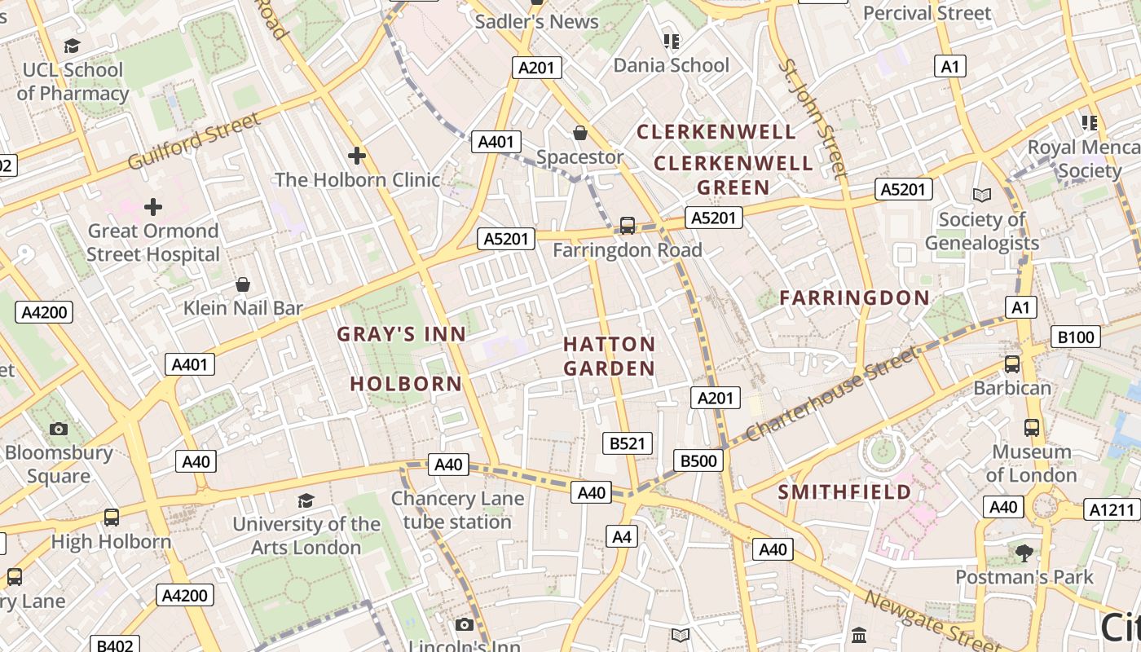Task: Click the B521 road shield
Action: click(628, 443)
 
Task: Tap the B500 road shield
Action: click(698, 461)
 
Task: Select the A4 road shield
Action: click(622, 536)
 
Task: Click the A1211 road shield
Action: click(1113, 510)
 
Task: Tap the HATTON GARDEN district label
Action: click(609, 356)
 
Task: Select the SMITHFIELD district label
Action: click(844, 492)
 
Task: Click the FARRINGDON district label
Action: click(854, 298)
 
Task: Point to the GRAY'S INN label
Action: click(402, 334)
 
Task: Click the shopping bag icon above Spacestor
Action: click(580, 132)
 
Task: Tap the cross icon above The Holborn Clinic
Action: click(356, 155)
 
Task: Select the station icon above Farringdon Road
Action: click(627, 225)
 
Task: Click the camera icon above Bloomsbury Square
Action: click(58, 429)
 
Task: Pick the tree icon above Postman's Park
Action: click(1024, 553)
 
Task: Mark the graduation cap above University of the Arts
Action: click(306, 500)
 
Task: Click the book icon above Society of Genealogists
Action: click(982, 195)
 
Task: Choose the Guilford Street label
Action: click(194, 141)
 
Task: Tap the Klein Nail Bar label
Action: click(243, 308)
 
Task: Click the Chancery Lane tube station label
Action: click(457, 510)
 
